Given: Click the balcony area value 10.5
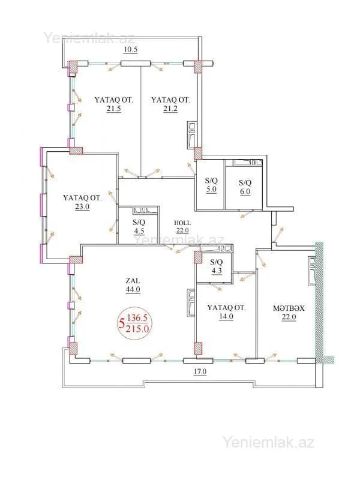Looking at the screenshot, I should click(131, 50).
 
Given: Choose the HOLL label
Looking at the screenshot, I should click(182, 221).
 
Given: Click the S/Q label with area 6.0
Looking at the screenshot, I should click(245, 183).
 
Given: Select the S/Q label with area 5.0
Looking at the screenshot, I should click(211, 180).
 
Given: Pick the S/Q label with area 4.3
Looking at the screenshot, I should click(216, 262).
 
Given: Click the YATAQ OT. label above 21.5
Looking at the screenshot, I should click(113, 100).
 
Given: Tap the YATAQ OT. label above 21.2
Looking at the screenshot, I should click(170, 100).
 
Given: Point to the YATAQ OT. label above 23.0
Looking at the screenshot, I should click(82, 197).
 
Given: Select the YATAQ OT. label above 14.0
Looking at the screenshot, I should click(226, 308).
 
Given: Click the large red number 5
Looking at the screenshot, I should click(122, 323).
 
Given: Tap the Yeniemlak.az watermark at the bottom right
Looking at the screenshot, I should click(268, 443).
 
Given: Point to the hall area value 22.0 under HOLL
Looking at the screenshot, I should click(182, 230).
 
